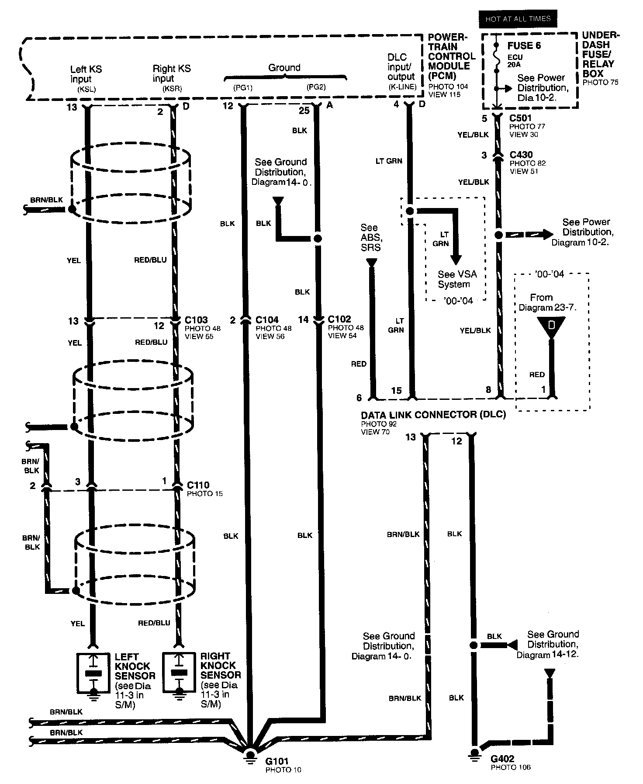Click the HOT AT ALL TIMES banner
coord(518,19)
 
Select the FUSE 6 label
coord(524,45)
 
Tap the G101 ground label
coord(277,762)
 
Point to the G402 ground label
coord(502,759)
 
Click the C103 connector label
coord(196,320)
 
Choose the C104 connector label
coord(267,320)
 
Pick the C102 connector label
coord(339,319)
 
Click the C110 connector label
coord(198,485)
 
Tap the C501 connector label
coord(521,118)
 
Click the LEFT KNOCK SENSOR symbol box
coord(93,673)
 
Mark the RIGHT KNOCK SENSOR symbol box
coord(179,673)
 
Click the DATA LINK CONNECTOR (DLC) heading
coord(433,415)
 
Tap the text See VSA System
coord(457,279)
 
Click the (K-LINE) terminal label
coord(402,87)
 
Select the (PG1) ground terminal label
coord(243,87)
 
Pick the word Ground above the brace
coord(284,68)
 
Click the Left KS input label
coord(86,74)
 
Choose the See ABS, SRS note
coord(370,237)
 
